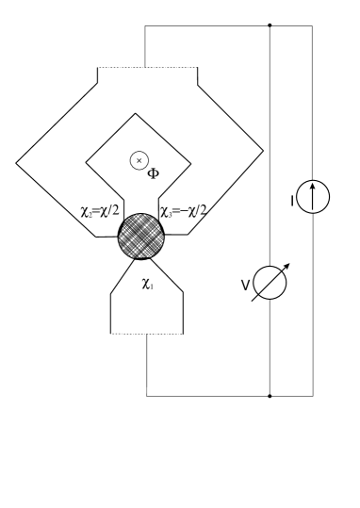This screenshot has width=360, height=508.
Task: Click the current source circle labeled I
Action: (x=313, y=200)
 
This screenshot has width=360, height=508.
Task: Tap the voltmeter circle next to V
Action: (x=270, y=284)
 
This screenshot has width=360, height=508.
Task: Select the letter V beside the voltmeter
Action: (x=248, y=285)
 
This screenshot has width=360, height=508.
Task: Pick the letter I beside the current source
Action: (x=292, y=200)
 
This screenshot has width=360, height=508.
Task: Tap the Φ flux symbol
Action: (x=148, y=173)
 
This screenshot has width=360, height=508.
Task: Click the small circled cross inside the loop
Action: (x=139, y=160)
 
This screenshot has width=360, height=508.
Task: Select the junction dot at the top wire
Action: (x=270, y=25)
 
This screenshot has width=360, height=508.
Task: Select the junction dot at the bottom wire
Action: (x=270, y=397)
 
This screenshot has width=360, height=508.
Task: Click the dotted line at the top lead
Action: (x=147, y=68)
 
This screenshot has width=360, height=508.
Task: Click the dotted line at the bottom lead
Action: (x=147, y=334)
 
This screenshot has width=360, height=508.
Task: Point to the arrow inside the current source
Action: (x=313, y=199)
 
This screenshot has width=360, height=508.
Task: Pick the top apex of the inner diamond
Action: (x=139, y=120)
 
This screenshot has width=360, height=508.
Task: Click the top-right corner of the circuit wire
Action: (x=313, y=25)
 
